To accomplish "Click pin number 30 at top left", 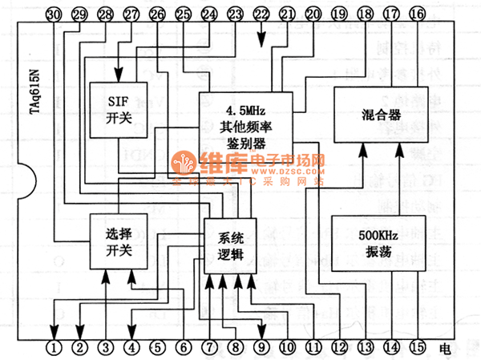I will click(x=54, y=14).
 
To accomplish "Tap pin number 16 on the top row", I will click(x=418, y=14).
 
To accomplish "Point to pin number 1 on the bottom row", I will click(x=54, y=348).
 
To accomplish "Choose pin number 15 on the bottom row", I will click(x=418, y=348).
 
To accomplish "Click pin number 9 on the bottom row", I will click(x=261, y=348).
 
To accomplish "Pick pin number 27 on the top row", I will click(x=131, y=14).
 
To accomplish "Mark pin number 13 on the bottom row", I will click(x=366, y=348).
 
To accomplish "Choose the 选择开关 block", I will click(x=117, y=241).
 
